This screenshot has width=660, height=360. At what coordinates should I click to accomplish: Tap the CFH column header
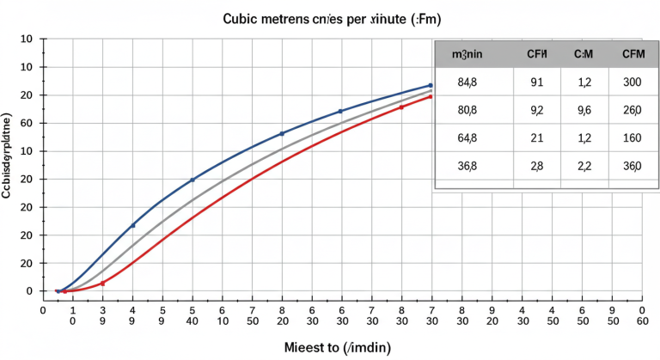point(537,54)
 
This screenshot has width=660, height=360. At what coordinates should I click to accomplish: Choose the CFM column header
point(584,54)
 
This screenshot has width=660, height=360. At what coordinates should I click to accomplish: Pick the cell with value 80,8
point(467,110)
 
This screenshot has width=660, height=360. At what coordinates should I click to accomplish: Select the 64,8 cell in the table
point(467,137)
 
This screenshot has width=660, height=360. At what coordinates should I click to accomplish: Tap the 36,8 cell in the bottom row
point(467,167)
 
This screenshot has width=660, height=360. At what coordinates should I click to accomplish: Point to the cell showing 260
point(632,110)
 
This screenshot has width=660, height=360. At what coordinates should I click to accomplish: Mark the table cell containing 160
point(632,137)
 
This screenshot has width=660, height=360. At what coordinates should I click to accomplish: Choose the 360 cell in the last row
point(632,167)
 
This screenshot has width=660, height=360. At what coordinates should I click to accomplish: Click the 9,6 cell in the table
point(584,110)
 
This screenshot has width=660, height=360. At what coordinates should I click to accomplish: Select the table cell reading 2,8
point(537,167)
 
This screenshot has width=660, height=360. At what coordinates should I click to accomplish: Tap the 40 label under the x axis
point(192,320)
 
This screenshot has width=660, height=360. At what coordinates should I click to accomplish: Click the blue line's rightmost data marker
point(430,85)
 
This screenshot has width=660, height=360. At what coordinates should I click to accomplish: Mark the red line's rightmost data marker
point(430,96)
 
